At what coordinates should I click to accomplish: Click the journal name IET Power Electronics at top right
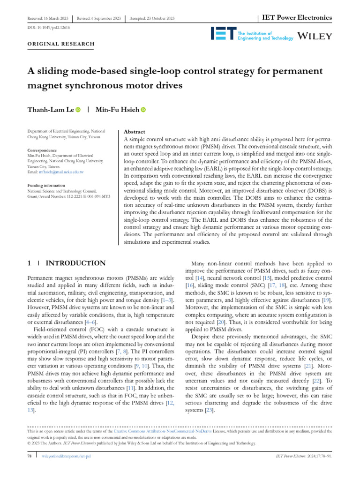tap(297, 18)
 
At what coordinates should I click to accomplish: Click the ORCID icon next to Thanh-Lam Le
tap(78, 110)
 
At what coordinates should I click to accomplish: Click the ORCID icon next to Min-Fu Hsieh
tap(143, 110)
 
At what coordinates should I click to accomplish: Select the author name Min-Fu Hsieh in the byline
tap(117, 110)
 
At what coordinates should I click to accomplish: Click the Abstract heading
tap(134, 132)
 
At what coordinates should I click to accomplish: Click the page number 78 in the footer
tap(29, 456)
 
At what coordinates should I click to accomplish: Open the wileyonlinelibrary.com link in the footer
tap(66, 456)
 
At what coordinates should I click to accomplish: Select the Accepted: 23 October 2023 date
tap(152, 18)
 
